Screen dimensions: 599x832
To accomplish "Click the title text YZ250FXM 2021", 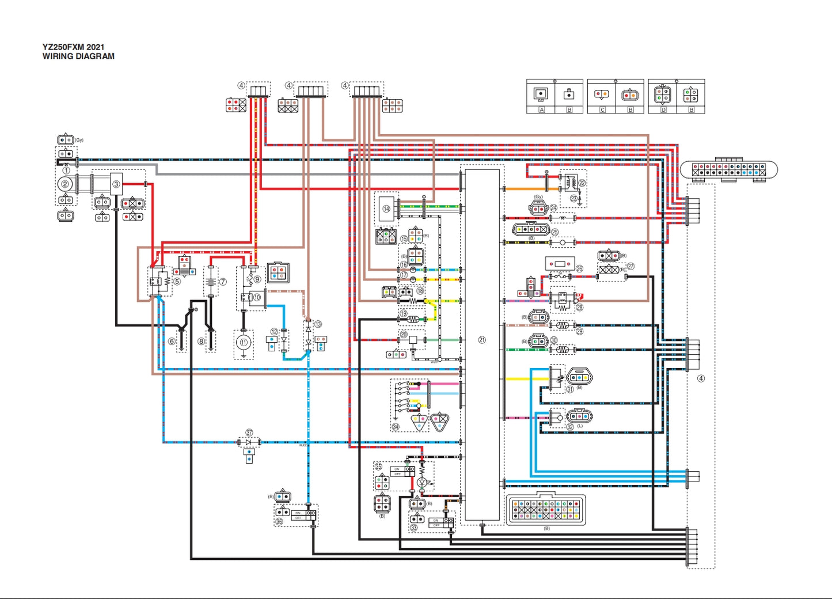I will (73, 47).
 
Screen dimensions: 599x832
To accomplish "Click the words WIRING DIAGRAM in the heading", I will (78, 56).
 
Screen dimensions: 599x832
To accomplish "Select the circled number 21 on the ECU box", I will (482, 340).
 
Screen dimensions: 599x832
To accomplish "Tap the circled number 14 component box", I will (386, 209).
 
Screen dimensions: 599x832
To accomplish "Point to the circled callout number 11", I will (244, 342).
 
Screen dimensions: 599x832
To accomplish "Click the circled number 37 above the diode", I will (249, 433).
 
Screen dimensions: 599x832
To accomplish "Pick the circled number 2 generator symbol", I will (66, 184).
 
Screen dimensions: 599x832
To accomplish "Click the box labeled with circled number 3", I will (116, 184).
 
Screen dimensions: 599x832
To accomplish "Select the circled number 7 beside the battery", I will (223, 282).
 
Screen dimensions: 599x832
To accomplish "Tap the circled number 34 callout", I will (396, 427).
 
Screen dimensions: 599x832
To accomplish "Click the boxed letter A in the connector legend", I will (541, 109).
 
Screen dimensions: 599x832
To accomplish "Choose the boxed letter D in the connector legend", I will (663, 109).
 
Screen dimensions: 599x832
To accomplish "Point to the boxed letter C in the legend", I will (602, 109).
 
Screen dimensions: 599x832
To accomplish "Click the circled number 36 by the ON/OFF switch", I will (279, 522).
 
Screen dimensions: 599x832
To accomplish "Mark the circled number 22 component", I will (582, 183).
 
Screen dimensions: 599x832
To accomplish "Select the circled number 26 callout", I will (579, 268).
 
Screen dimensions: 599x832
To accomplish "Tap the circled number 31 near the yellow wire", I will (569, 389).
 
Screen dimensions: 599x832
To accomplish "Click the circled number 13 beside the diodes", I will (318, 325).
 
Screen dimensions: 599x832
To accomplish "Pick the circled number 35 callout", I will (378, 466).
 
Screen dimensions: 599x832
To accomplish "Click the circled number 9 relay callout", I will (257, 279).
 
